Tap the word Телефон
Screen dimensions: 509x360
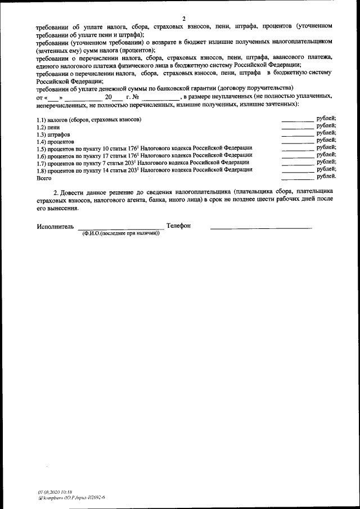tap(179, 226)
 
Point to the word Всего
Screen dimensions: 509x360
tap(44, 178)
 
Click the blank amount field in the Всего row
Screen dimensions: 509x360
tap(297, 178)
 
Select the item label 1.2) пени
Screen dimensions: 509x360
tap(48, 128)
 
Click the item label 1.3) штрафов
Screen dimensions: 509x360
tap(53, 135)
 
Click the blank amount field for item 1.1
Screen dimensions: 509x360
tap(297, 120)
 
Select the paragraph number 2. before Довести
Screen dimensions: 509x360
tap(64, 191)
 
